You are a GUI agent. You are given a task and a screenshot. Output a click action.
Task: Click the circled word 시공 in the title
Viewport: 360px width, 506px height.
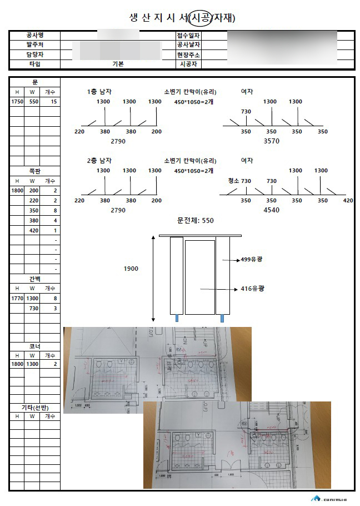200,18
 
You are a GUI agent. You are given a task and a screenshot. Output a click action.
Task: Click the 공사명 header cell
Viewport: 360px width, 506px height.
34,36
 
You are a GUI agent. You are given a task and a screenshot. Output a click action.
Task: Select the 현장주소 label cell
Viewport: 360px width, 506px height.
188,54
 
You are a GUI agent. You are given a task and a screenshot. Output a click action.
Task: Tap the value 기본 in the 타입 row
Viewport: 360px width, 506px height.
118,64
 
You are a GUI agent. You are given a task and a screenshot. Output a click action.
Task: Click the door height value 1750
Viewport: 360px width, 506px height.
17,102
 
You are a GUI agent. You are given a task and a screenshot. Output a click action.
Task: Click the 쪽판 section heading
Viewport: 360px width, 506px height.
34,171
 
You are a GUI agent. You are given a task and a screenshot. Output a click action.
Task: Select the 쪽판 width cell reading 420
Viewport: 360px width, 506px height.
34,230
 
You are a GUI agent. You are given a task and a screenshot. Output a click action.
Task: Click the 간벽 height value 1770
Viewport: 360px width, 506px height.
17,299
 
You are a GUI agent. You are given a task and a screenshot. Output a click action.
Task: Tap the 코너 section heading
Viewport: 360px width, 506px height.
34,346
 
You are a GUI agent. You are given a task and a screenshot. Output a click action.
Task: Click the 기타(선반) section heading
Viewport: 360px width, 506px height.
34,408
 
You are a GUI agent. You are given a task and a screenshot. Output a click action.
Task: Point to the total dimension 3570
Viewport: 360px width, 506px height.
271,141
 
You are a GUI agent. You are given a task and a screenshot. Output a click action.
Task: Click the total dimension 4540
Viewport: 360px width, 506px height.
271,210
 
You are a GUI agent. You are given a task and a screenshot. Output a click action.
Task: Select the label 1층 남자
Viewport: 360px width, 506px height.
101,91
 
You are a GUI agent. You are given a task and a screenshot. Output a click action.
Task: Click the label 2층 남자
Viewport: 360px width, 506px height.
101,161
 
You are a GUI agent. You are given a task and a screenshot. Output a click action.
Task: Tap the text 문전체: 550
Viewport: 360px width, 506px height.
195,221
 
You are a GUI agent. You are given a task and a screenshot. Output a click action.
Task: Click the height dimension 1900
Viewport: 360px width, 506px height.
131,269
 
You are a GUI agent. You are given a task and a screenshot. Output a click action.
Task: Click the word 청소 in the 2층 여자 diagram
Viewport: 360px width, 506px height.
233,181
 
